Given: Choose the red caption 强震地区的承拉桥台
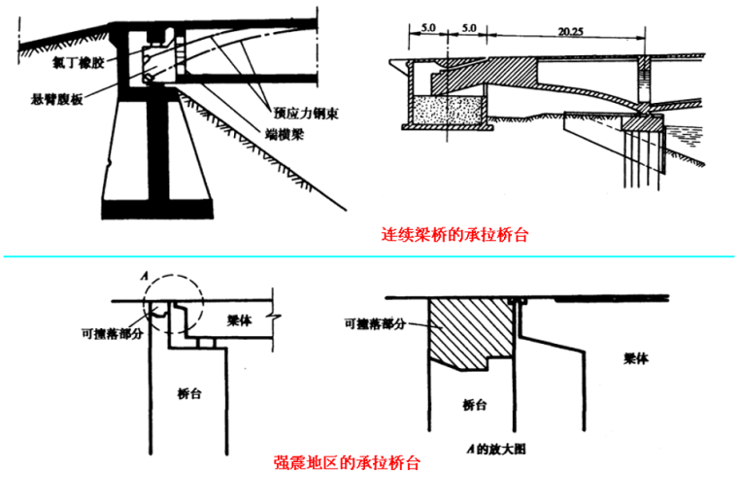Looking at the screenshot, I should tap(347, 463).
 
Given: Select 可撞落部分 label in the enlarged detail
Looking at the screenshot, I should tap(370, 324).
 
